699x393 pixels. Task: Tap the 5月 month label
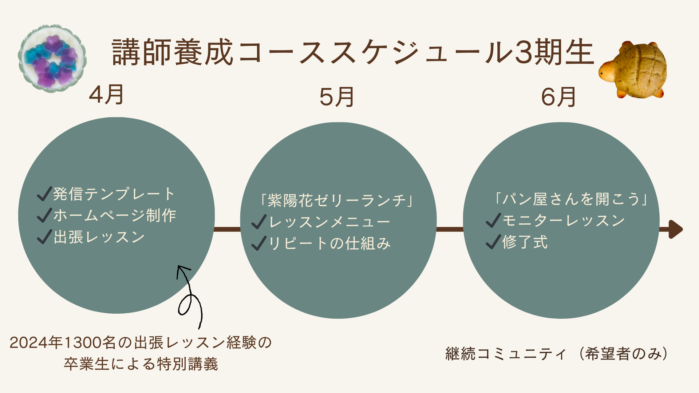[x=337, y=97]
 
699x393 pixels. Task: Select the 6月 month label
[x=558, y=97]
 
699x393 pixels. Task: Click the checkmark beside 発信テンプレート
[x=44, y=194]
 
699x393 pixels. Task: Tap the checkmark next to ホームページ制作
[x=44, y=215]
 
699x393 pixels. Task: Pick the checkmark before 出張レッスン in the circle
[x=44, y=237]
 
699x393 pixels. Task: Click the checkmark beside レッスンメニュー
[x=259, y=222]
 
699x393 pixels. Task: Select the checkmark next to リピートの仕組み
[x=259, y=243]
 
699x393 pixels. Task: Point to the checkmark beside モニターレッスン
[x=493, y=221]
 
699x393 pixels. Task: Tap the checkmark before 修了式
[x=493, y=242]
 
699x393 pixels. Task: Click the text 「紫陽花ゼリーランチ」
[x=337, y=201]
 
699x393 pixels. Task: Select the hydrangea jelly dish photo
[x=53, y=58]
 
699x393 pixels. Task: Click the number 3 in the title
[x=523, y=53]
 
